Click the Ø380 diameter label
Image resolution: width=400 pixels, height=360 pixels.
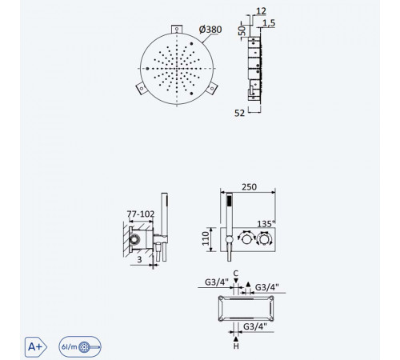pos(210,30)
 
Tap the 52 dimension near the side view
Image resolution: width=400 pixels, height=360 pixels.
pos(239,113)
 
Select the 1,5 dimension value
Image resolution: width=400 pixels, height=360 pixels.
pos(269,23)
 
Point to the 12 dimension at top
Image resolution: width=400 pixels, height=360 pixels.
pos(261,11)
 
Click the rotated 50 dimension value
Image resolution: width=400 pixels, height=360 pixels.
pos(242,30)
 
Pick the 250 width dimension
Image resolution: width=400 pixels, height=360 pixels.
pos(249,187)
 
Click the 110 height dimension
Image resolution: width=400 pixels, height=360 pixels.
pos(206,238)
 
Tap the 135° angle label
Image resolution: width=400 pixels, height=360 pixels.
pos(266,224)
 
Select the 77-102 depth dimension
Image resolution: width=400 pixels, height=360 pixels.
pos(141,214)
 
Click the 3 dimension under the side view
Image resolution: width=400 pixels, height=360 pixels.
pos(139,259)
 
